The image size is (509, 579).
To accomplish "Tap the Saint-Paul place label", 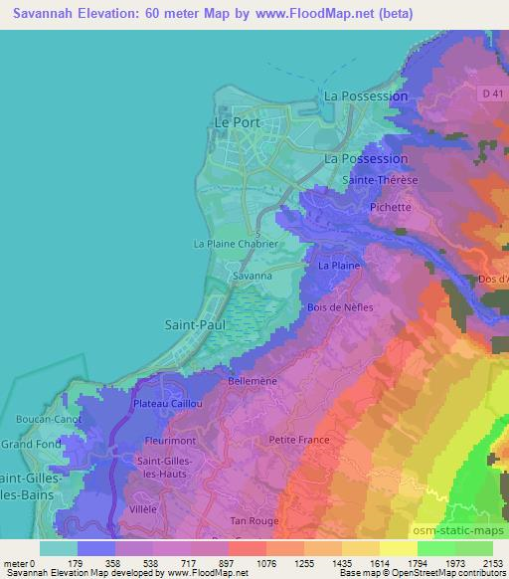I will point(191,324).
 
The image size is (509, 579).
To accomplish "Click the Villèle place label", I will point(142,507).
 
